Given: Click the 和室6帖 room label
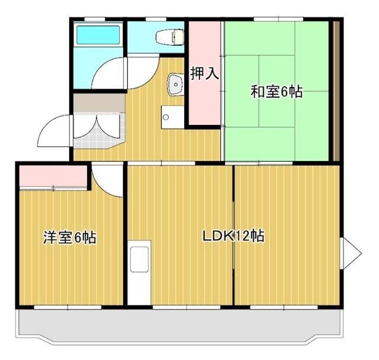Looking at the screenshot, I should pos(277,92).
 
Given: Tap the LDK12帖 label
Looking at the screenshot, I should pos(233,236).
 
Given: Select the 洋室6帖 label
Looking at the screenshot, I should pos(69,238).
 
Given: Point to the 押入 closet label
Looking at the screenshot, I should pos(205,74).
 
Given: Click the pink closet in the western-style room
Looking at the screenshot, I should pos(53,176).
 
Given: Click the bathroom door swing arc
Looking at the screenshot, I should pos(110,74).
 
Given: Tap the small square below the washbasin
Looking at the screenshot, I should pos(168,116).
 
